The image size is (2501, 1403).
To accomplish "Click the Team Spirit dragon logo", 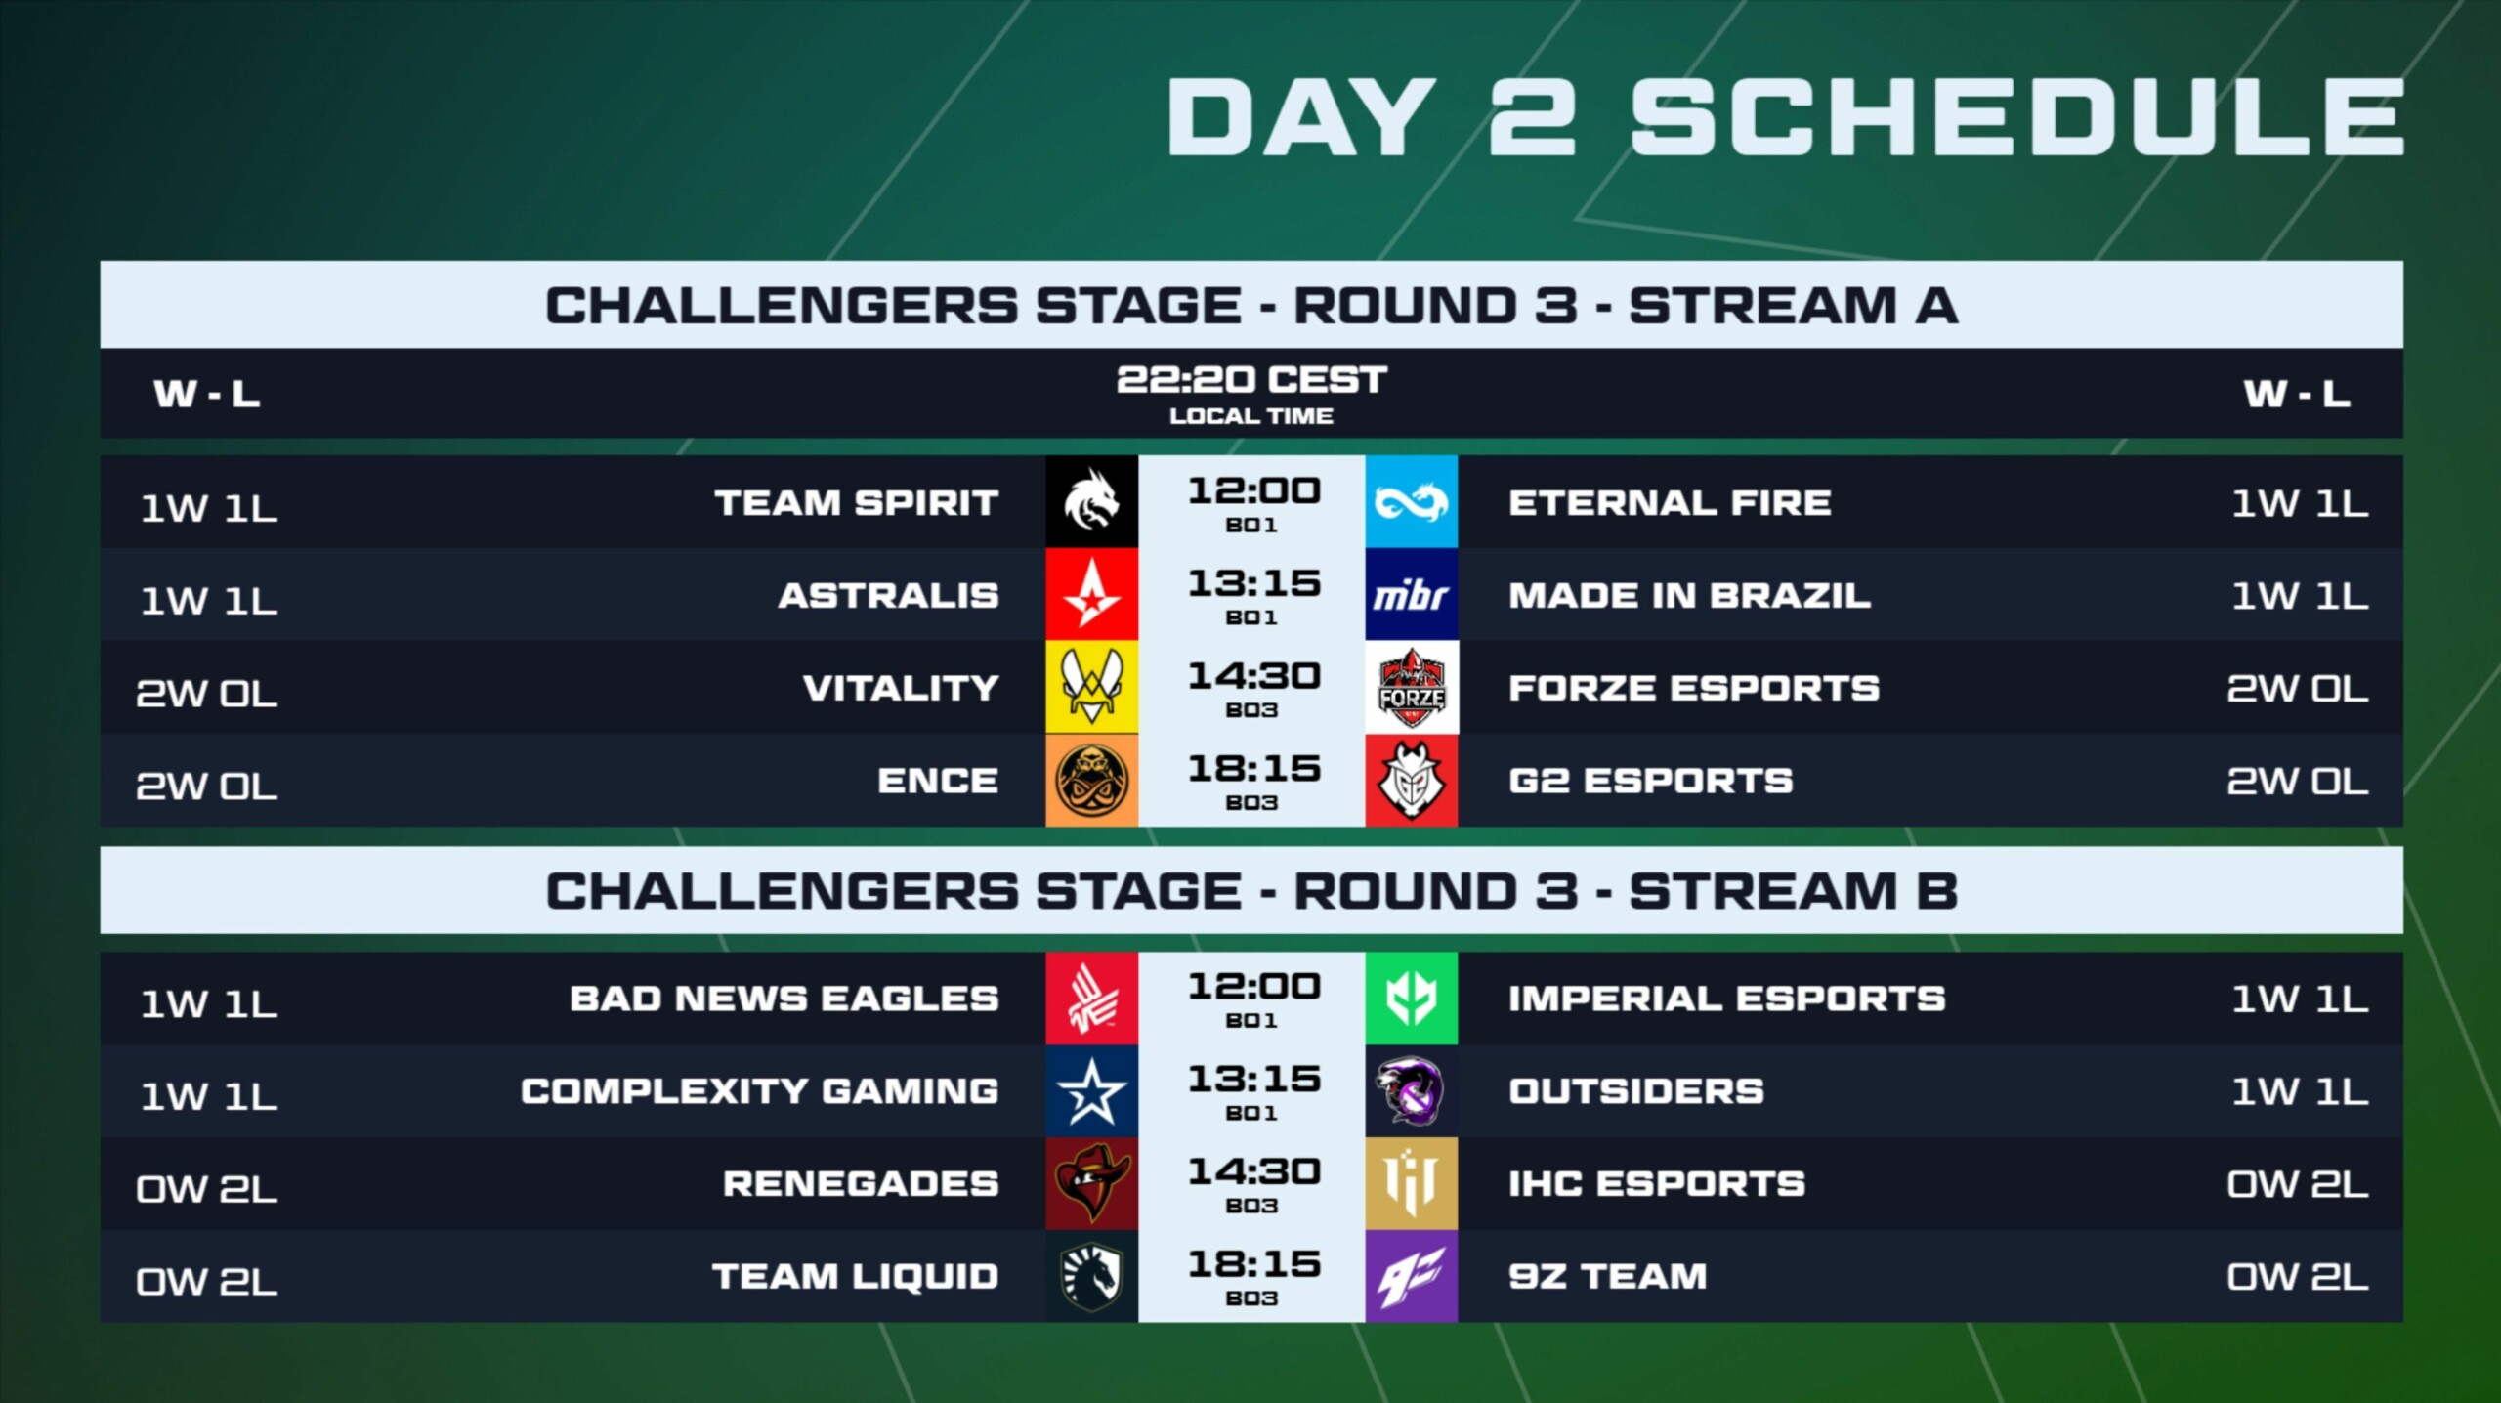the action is point(1091,501).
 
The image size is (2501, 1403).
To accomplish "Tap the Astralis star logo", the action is point(1091,594).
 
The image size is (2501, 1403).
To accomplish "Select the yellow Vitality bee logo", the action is point(1091,687).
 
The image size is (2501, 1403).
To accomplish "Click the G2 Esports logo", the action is point(1411,780).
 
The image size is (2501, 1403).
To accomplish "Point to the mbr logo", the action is point(1411,594).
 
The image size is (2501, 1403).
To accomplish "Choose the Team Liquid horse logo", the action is point(1091,1276).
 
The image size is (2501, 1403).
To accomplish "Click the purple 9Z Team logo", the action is point(1411,1276).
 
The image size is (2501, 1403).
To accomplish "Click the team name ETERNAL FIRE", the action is point(1670,502).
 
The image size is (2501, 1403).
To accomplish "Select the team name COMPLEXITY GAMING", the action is point(760,1090).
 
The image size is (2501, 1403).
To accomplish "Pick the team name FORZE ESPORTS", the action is point(1694,688).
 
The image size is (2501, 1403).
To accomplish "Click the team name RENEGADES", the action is point(861,1183).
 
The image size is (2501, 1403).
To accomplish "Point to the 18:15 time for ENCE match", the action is point(1253,769).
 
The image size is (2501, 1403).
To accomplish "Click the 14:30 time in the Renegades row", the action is point(1253,1171).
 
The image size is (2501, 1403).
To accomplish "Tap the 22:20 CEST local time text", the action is point(1251,379).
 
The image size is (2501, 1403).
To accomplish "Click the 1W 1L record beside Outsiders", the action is point(2300,1090).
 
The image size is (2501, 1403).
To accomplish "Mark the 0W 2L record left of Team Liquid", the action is point(207,1281).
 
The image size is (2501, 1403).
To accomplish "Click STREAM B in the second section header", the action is point(1794,891).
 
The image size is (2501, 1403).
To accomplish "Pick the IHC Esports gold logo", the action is point(1411,1183).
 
